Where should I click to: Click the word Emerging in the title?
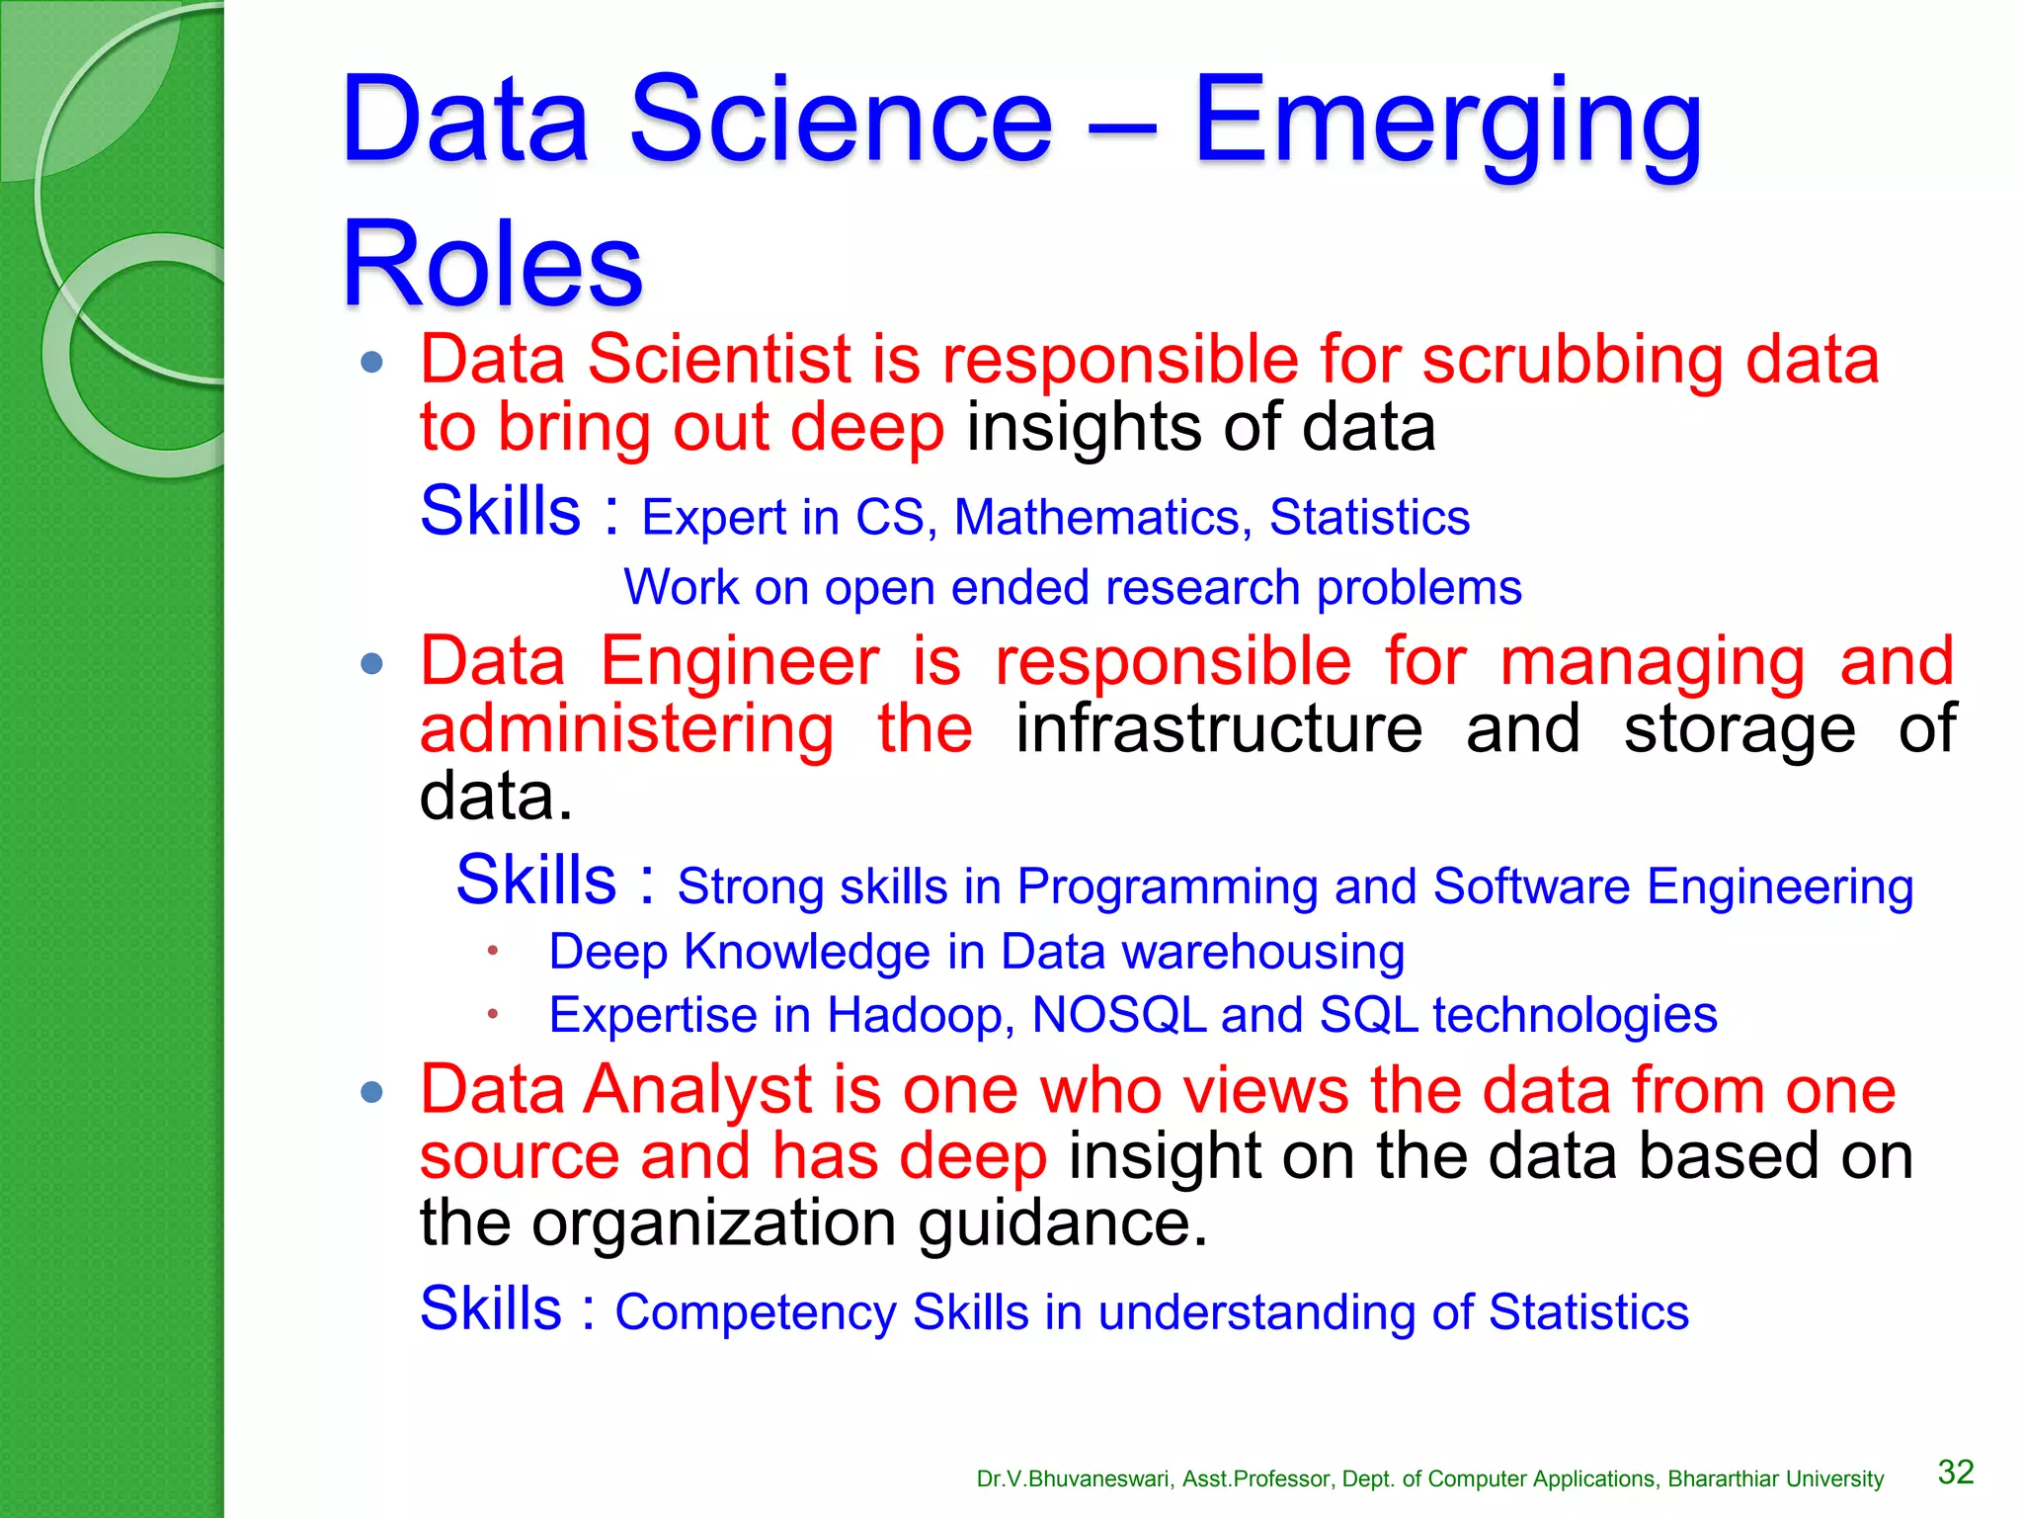pos(1447,124)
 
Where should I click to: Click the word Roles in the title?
pos(492,265)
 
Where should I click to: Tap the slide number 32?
pos(1956,1473)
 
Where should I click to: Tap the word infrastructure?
pos(1219,729)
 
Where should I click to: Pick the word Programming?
pos(1167,886)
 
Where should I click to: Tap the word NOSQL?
pos(1118,1015)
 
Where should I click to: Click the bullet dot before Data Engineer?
pos(372,663)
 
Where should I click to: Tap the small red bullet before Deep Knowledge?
pos(492,951)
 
